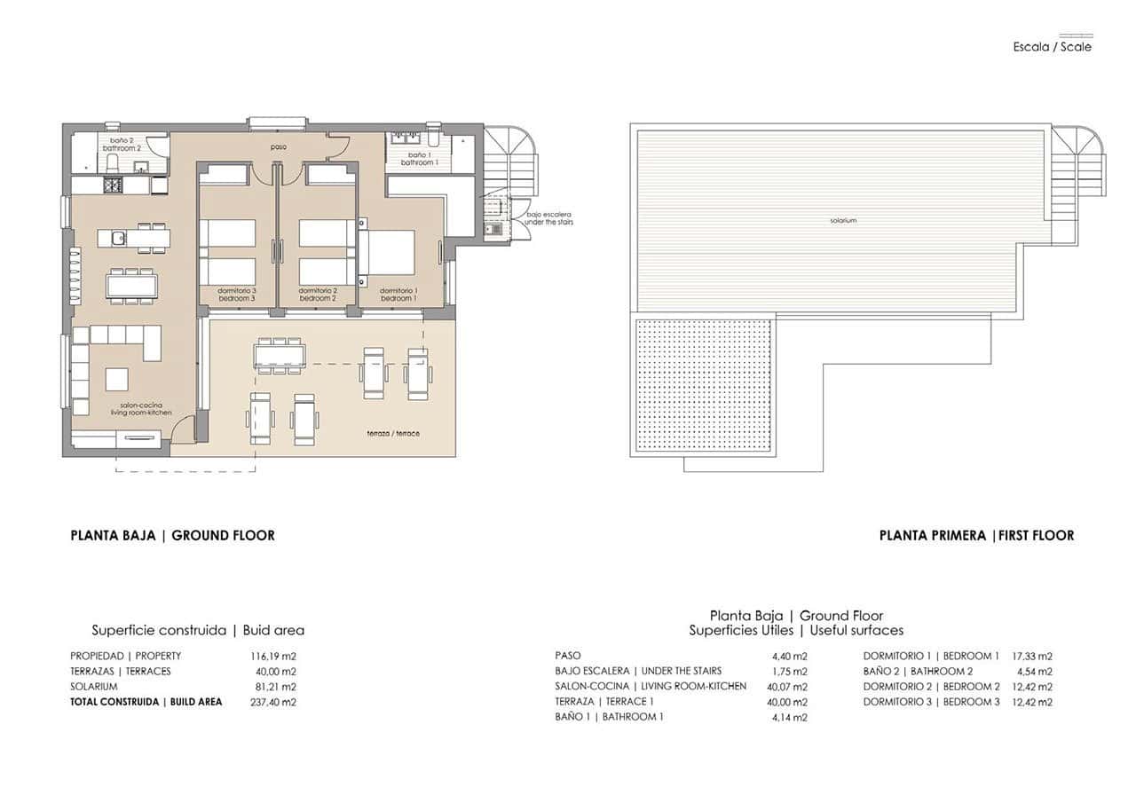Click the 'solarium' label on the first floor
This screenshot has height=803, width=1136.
tap(844, 221)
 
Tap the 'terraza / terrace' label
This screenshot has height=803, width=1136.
tap(393, 433)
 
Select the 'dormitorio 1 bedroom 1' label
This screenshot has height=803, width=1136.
tap(398, 295)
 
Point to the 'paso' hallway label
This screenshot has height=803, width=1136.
tap(279, 146)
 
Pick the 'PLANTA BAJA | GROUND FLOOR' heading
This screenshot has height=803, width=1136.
tap(172, 535)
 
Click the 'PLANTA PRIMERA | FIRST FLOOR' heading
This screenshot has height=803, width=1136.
tap(976, 535)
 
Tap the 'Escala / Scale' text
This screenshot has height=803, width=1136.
tap(1053, 47)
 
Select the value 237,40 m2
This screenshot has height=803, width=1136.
tap(273, 702)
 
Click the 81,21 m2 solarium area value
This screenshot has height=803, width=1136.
tap(273, 687)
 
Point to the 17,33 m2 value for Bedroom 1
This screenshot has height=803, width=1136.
tap(1032, 657)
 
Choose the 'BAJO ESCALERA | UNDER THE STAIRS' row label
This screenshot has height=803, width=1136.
tap(638, 671)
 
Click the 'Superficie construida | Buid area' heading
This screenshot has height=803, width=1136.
tap(198, 631)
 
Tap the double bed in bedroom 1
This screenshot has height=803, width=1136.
tap(388, 252)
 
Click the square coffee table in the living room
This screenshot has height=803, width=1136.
tap(117, 379)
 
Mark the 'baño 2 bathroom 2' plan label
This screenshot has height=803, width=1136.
tap(125, 144)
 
